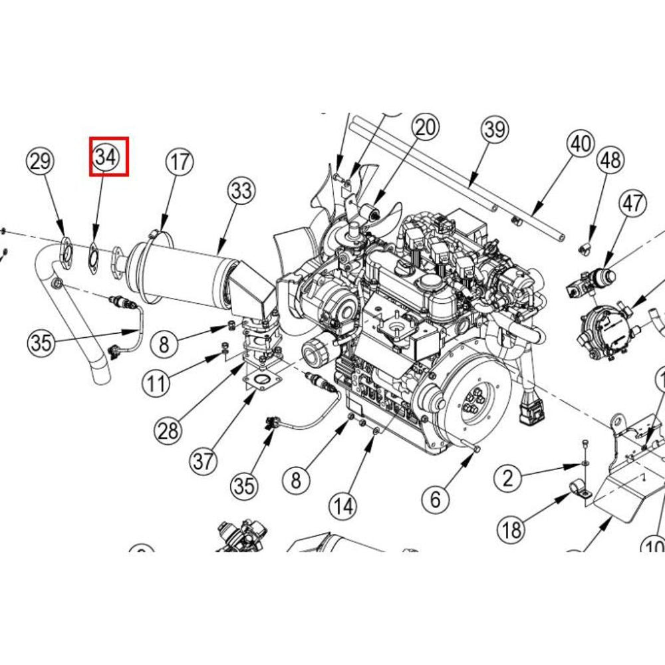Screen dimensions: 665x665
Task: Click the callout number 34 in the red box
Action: [x=106, y=157]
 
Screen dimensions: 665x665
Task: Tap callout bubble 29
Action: [x=41, y=162]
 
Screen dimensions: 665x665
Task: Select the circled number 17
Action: [x=179, y=162]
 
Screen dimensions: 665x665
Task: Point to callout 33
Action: [x=241, y=192]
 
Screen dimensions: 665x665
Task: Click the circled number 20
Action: [x=425, y=126]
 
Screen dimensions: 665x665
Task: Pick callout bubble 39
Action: [x=494, y=129]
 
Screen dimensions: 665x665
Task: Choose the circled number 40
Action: [x=581, y=144]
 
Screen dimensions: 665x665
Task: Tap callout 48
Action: [x=610, y=160]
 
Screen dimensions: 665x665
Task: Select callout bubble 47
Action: [x=632, y=202]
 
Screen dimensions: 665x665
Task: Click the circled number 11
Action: [x=157, y=383]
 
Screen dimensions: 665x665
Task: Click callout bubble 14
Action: [x=344, y=507]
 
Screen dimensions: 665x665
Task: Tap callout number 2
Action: [x=509, y=477]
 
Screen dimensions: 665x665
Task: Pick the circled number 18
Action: [x=513, y=530]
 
